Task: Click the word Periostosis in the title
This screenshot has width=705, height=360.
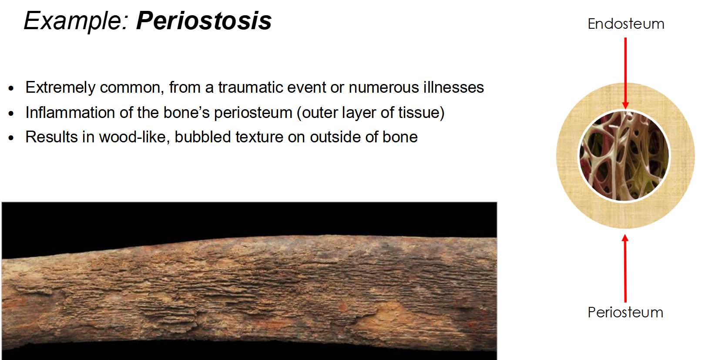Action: [204, 21]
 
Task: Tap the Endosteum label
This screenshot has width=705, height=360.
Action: [626, 24]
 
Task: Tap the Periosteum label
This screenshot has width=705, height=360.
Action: [625, 313]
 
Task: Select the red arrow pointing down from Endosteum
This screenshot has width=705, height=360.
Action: [625, 72]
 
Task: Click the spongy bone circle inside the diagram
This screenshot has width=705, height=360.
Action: [624, 156]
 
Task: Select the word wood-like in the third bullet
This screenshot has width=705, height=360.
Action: [134, 137]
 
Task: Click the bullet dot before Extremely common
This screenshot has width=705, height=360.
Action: [11, 89]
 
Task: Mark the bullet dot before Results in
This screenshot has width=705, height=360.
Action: [11, 138]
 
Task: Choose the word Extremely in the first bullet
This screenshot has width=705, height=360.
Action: [60, 87]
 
